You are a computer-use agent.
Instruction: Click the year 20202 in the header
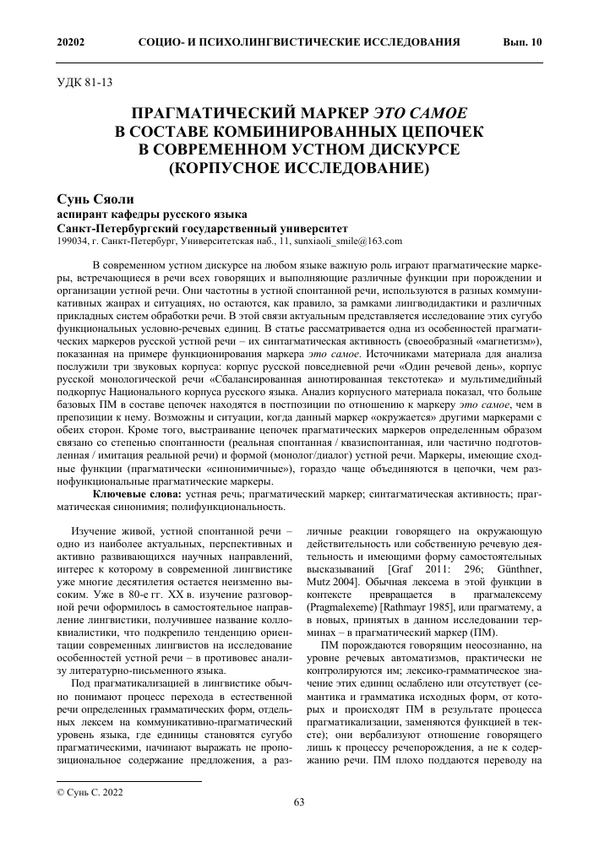click(71, 42)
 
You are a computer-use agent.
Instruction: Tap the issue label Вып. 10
click(523, 42)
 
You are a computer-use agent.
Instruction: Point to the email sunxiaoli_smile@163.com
click(356, 241)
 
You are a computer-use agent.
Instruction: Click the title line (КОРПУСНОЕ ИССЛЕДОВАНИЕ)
click(299, 166)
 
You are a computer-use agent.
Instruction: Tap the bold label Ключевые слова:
click(135, 492)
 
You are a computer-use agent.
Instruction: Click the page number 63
click(299, 802)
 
